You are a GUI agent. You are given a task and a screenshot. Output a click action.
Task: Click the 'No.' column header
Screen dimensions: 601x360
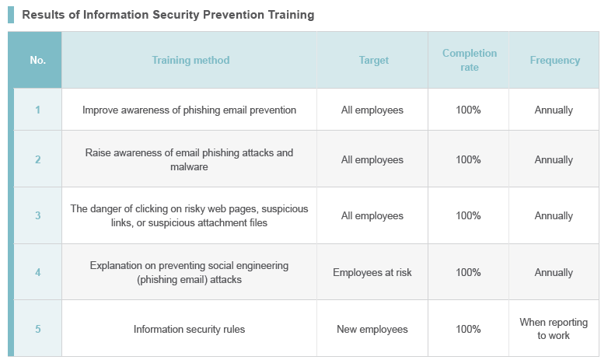[x=37, y=60]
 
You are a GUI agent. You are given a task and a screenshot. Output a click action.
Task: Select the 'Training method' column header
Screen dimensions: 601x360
[x=190, y=60]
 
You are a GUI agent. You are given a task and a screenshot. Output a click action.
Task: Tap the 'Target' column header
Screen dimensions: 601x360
[x=374, y=60]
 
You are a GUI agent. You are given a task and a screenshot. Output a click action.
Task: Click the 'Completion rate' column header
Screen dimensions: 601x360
[x=470, y=60]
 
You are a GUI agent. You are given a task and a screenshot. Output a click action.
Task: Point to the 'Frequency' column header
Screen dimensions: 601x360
[x=554, y=60]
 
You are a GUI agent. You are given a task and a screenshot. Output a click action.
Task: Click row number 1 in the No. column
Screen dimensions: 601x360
[x=37, y=110]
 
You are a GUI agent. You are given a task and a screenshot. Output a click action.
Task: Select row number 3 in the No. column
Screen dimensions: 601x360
[x=37, y=215]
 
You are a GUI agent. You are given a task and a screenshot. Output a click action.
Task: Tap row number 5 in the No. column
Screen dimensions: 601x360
[x=37, y=329]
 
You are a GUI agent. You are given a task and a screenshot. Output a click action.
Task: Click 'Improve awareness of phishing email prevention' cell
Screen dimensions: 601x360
[x=189, y=110]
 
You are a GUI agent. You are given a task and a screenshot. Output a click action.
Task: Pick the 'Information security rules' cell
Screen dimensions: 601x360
[x=189, y=330]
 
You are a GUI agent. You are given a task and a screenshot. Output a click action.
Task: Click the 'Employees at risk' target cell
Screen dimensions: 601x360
[x=372, y=272]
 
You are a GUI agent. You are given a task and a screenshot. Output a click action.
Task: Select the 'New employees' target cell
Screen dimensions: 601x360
[x=372, y=330]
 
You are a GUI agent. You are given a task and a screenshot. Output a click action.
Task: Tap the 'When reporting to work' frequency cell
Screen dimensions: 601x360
[x=554, y=329]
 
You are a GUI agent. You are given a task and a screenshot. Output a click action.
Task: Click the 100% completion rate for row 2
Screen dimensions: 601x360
[x=468, y=159]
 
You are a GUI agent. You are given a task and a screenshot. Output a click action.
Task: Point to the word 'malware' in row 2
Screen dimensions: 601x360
[x=189, y=166]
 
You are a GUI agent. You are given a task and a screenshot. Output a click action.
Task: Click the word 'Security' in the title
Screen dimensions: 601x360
[x=176, y=15]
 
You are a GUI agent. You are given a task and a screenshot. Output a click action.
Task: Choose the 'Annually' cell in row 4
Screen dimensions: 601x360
[x=554, y=273]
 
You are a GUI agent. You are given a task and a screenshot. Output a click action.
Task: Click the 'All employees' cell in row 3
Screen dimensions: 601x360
[x=372, y=216]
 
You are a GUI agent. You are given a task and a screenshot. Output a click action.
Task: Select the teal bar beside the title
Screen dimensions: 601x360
[x=11, y=15]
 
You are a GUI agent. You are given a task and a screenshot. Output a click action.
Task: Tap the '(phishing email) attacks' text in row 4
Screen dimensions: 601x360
[x=189, y=279]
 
